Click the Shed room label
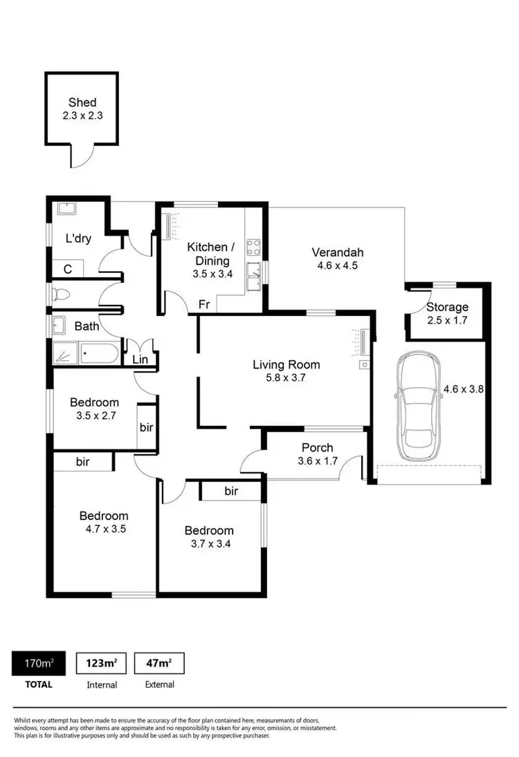click(x=82, y=102)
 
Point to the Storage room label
click(x=447, y=307)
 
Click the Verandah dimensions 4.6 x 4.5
click(x=338, y=265)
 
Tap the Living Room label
click(x=286, y=365)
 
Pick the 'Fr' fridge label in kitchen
click(x=204, y=303)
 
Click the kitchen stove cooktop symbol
click(x=253, y=247)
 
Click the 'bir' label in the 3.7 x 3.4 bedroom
click(x=231, y=492)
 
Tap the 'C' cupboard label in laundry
click(x=68, y=268)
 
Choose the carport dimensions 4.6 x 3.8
click(x=462, y=389)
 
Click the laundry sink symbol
click(x=66, y=208)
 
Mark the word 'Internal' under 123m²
click(x=101, y=684)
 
